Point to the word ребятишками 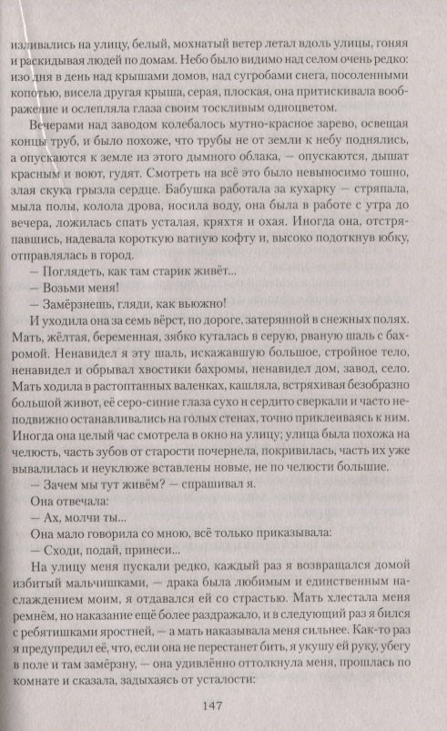pos(92,644)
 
